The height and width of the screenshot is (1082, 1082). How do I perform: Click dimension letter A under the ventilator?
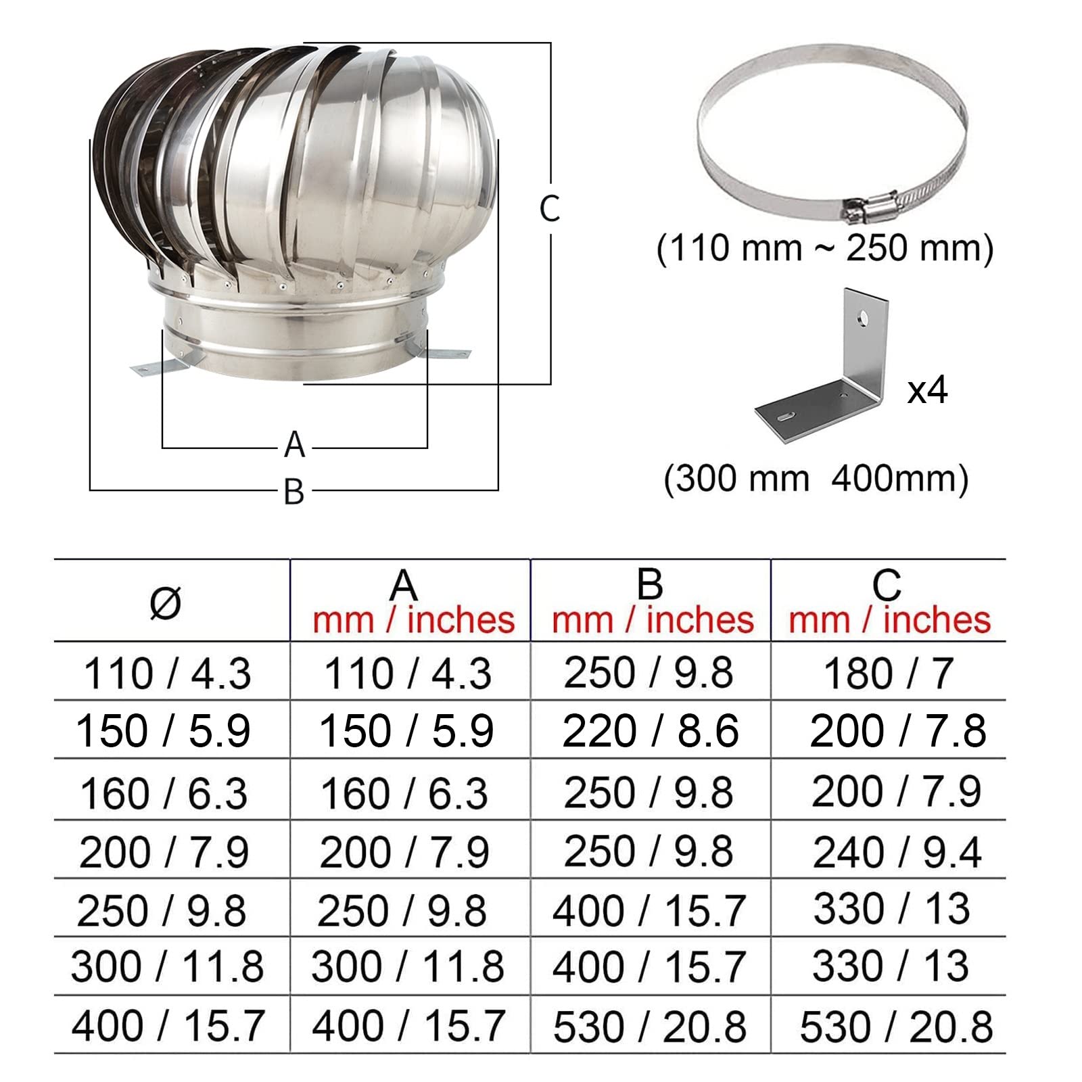pos(294,445)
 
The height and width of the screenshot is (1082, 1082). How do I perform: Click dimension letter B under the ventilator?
pos(294,492)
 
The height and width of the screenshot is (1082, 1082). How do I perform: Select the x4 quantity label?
pos(927,390)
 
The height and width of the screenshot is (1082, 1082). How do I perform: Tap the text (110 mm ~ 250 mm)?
pos(825,248)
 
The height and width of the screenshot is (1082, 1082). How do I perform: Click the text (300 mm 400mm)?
pos(816,479)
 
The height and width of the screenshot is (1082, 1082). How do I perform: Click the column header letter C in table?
pos(887,584)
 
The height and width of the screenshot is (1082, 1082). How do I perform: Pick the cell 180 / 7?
pos(888,674)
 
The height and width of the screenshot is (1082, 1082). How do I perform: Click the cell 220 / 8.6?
pos(650,731)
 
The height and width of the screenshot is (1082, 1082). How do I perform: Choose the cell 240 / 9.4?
pos(897,851)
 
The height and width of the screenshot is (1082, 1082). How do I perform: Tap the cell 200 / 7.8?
pos(897,731)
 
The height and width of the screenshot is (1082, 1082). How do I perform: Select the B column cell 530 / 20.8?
pos(650,1027)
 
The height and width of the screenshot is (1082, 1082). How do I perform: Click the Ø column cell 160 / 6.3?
pos(164,793)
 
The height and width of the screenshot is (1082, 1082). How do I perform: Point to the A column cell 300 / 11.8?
pos(408,966)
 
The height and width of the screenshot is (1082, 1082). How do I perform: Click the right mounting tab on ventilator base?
pos(448,353)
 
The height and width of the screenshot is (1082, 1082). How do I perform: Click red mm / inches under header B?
pos(653,620)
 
